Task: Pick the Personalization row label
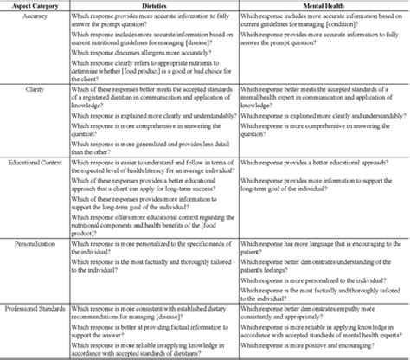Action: tap(28, 245)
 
